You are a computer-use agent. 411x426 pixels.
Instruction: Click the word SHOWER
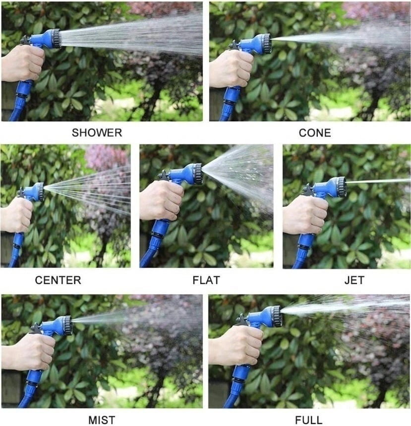click(97, 133)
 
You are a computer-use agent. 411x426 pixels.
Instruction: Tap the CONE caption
click(315, 133)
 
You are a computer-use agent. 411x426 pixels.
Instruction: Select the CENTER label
click(58, 280)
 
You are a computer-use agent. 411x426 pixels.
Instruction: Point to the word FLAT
click(206, 280)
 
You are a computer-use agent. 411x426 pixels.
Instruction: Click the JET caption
click(354, 280)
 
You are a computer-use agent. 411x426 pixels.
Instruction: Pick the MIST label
click(102, 420)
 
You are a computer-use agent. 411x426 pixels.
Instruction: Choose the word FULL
click(309, 420)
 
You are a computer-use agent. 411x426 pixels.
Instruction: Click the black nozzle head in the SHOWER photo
click(56, 39)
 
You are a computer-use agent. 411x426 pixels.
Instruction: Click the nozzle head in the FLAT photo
click(198, 174)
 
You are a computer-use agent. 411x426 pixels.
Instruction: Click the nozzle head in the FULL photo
click(277, 316)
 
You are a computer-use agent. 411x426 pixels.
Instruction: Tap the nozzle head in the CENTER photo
click(41, 192)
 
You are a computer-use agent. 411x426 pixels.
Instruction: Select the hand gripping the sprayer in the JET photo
click(305, 214)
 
